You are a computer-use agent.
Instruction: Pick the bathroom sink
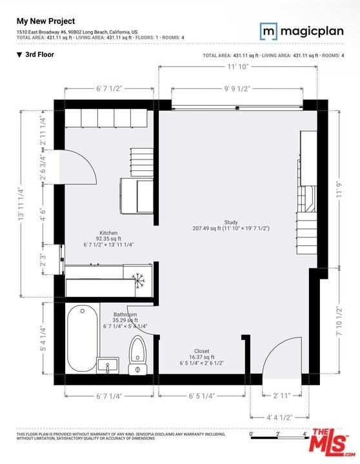108,365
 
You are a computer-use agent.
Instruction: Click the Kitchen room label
108,239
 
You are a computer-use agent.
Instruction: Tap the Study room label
230,225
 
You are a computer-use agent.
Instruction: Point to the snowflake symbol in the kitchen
137,279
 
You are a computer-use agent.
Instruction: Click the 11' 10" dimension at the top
238,66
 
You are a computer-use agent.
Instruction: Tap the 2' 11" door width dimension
281,396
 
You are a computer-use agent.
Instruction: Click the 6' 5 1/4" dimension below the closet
201,396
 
